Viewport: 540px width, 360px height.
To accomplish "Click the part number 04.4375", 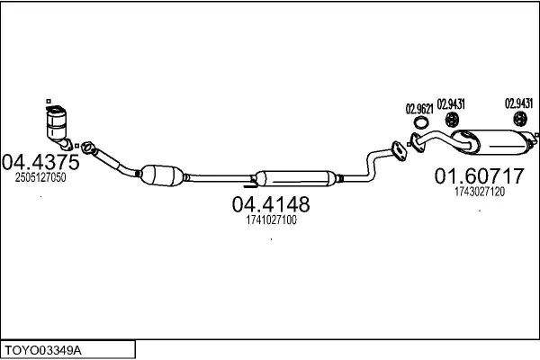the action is (40, 162).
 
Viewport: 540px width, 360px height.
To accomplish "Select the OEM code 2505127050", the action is (40, 177).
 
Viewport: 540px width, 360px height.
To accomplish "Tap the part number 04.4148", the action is (271, 204).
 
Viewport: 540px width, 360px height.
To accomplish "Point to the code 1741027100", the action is (272, 220).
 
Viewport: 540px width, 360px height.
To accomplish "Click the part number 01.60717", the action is (479, 175).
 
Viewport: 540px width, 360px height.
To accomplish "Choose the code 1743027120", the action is (480, 191).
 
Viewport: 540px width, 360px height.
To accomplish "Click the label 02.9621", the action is (419, 109).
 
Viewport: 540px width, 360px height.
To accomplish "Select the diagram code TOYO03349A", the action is (43, 351).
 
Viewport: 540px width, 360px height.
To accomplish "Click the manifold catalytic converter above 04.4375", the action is (58, 126).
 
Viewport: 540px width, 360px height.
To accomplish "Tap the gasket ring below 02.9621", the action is (421, 122).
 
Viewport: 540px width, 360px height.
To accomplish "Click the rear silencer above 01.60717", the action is (493, 142).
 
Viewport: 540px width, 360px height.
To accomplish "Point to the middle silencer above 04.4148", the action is (295, 178).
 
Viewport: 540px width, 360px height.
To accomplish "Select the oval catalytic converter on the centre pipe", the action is (162, 175).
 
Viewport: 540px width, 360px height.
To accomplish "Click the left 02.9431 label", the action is (451, 104).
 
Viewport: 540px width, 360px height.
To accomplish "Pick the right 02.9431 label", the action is (518, 103).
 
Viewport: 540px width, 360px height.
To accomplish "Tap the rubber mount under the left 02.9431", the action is (452, 119).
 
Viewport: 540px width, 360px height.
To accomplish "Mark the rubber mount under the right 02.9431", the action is (520, 119).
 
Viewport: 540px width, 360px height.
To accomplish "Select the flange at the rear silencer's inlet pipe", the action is (417, 142).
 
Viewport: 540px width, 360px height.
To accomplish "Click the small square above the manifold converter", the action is (49, 101).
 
